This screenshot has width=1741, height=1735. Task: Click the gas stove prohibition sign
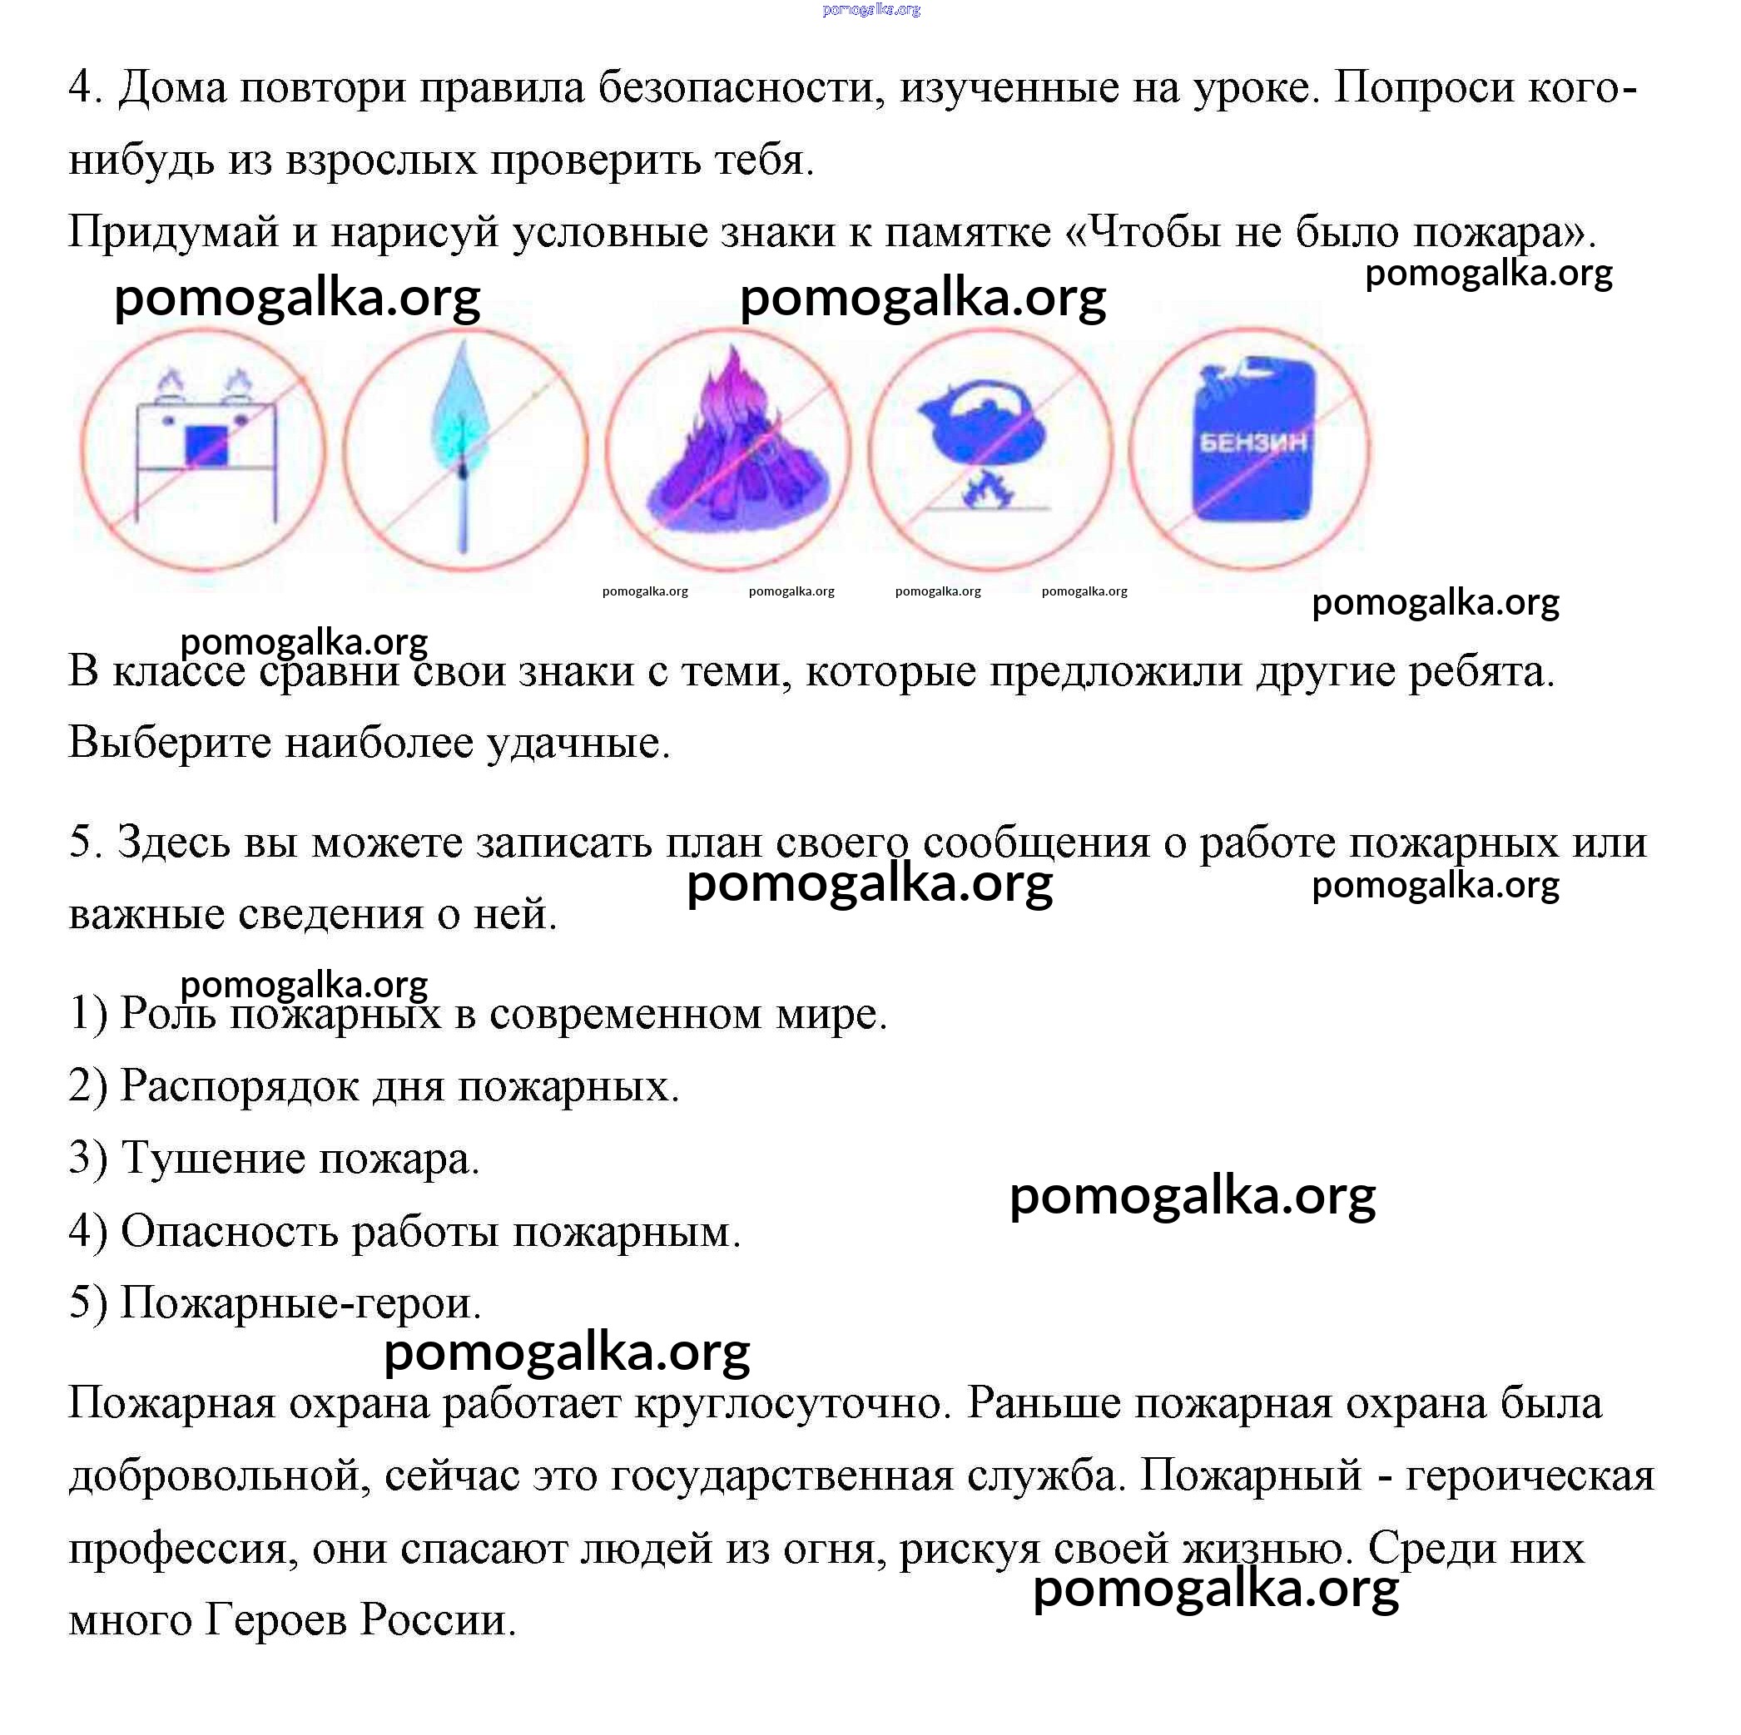click(x=203, y=448)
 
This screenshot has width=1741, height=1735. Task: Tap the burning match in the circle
click(x=464, y=448)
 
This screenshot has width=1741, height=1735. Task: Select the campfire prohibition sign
click(x=727, y=448)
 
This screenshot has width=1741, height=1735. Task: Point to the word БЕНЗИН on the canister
click(x=1252, y=442)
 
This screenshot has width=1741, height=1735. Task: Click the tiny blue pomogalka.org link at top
click(x=870, y=10)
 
